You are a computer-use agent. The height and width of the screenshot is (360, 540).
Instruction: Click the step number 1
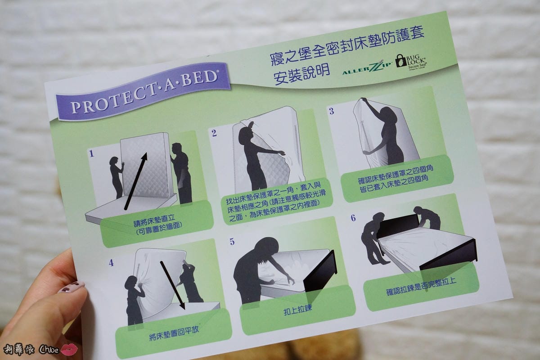coord(91,154)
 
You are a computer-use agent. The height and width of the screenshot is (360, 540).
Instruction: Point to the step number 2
coord(214,133)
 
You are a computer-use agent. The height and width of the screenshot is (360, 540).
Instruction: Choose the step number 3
coord(332,111)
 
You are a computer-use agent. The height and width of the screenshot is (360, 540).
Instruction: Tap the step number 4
coord(111,263)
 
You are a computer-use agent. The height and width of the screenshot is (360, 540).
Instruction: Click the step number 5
coord(232,242)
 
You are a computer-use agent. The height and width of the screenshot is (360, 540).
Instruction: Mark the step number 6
coord(353,218)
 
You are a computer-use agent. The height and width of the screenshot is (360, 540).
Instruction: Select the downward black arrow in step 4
coord(172,285)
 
